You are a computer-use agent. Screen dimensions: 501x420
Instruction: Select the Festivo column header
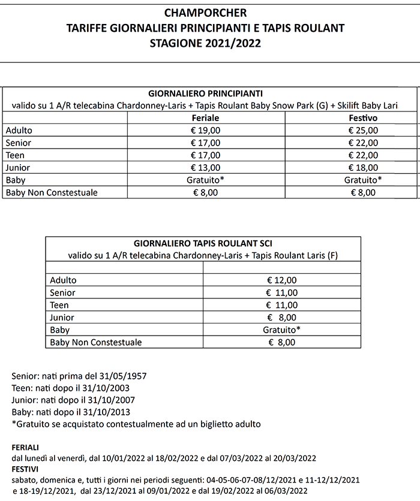point(363,118)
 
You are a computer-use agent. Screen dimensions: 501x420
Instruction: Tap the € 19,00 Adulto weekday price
point(205,130)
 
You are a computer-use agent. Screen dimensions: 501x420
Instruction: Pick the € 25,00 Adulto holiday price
point(363,130)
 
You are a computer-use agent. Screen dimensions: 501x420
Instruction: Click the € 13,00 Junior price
point(205,168)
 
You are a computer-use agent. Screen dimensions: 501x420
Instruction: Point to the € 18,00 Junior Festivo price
point(363,168)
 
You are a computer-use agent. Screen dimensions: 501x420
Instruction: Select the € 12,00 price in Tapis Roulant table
point(281,280)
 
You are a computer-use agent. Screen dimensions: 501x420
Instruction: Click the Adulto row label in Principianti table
point(19,130)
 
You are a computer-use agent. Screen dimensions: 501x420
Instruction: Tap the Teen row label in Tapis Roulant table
point(60,305)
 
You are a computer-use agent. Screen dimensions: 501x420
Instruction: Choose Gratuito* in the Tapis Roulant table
point(281,330)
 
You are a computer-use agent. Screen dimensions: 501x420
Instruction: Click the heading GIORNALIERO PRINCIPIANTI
point(205,94)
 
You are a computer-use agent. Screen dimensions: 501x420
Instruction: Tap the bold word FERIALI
point(25,448)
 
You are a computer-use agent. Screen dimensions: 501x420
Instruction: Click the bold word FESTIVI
point(25,469)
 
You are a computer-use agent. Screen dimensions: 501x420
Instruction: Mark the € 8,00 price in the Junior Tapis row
point(281,318)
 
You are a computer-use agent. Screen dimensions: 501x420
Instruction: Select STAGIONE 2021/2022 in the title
point(206,43)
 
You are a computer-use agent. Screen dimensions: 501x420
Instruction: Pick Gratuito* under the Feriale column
point(205,180)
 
